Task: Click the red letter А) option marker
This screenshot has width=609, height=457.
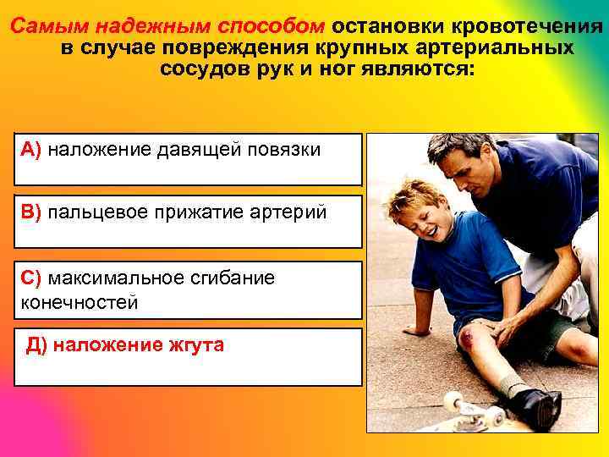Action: (31, 150)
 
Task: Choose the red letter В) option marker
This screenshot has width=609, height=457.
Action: (31, 212)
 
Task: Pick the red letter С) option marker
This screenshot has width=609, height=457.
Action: (31, 278)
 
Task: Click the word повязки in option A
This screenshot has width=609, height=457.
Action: (284, 150)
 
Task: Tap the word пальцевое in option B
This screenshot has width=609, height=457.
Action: (94, 212)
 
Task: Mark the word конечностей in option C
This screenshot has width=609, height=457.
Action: (80, 302)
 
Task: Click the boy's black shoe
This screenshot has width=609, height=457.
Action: (533, 406)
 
